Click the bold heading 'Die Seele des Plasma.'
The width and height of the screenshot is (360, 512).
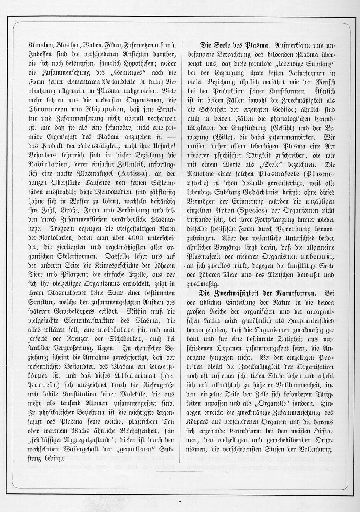[x=234, y=45]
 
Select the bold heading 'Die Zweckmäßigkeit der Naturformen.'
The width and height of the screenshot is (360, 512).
[x=258, y=293]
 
